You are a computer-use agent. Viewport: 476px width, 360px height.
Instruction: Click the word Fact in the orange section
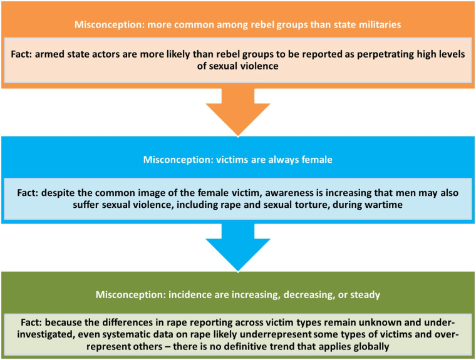pos(21,54)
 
